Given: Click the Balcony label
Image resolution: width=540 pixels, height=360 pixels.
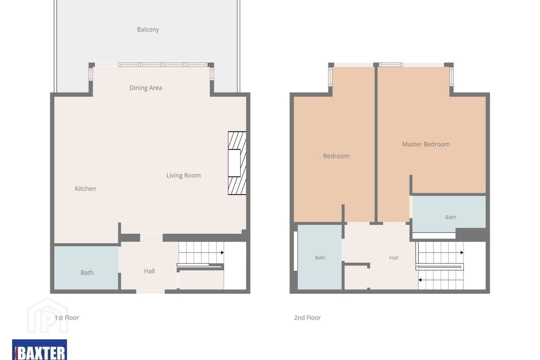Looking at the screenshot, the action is coord(148,29).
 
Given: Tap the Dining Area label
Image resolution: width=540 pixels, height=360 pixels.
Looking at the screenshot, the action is coord(145,88).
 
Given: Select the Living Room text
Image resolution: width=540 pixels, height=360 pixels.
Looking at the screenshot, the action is coord(183,175).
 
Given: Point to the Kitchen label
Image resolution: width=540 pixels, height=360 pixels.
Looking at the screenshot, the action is coord(85,189).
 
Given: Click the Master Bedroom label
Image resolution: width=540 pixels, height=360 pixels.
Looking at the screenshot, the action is coord(426,144).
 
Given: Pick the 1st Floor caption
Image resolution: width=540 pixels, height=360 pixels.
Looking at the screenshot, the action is coord(67,318).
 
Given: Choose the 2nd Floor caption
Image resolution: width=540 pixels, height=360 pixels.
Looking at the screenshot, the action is coord(307,318).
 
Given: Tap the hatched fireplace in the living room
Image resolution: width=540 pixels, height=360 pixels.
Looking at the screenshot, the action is coord(237,163).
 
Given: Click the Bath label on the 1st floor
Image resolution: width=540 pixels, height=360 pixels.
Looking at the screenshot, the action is coord(87,273).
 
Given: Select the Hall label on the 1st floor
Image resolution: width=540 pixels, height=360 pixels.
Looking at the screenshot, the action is coord(149,271).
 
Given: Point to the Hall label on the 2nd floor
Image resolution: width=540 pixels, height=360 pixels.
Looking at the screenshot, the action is coord(394,258).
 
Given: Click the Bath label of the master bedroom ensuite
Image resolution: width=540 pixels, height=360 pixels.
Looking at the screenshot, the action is coord(451,217).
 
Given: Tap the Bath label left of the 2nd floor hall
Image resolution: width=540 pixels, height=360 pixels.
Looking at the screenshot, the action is coord(320,258).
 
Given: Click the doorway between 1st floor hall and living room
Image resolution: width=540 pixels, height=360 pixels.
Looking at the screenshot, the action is coord(151,238).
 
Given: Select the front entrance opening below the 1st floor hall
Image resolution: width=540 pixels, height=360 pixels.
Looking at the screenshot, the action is coord(150,291).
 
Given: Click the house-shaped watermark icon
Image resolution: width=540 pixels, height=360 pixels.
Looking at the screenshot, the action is coord(48,315).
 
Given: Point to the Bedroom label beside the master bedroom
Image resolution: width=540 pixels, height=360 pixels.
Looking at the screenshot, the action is coord(336,156).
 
